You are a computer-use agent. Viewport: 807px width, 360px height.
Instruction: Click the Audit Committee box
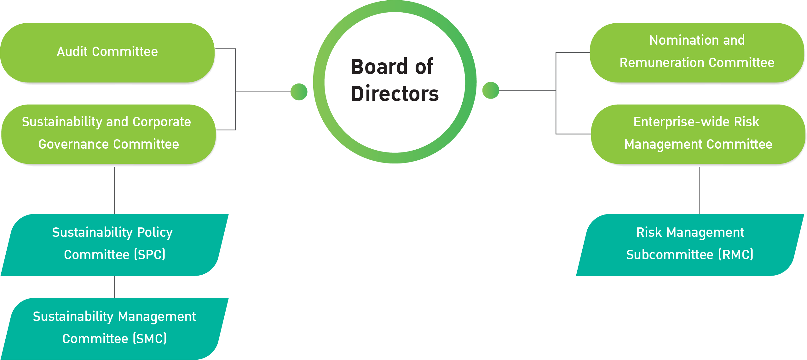(x=107, y=52)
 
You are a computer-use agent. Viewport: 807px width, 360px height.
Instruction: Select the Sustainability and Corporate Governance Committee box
(x=107, y=134)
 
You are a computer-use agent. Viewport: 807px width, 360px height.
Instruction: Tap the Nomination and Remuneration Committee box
(x=697, y=52)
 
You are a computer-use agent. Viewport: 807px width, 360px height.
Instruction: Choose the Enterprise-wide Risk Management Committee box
(x=698, y=134)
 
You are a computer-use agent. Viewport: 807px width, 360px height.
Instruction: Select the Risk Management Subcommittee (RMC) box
(x=690, y=244)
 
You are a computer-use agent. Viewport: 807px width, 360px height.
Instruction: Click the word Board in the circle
(x=379, y=67)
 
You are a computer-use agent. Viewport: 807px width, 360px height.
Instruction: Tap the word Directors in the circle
(x=395, y=94)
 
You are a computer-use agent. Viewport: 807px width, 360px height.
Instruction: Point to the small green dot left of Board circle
(x=299, y=92)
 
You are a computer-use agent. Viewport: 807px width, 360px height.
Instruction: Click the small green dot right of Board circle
(x=491, y=90)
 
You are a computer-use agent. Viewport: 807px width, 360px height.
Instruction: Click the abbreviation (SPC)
(x=150, y=254)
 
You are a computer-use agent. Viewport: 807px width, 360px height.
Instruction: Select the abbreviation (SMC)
(x=150, y=339)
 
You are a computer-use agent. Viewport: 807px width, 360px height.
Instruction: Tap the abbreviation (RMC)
(x=736, y=254)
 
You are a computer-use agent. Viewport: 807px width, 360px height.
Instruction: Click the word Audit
(x=72, y=52)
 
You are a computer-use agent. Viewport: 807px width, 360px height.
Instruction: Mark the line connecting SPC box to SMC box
(x=114, y=287)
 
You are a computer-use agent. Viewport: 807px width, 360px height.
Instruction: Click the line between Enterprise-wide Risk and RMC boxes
(x=700, y=191)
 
